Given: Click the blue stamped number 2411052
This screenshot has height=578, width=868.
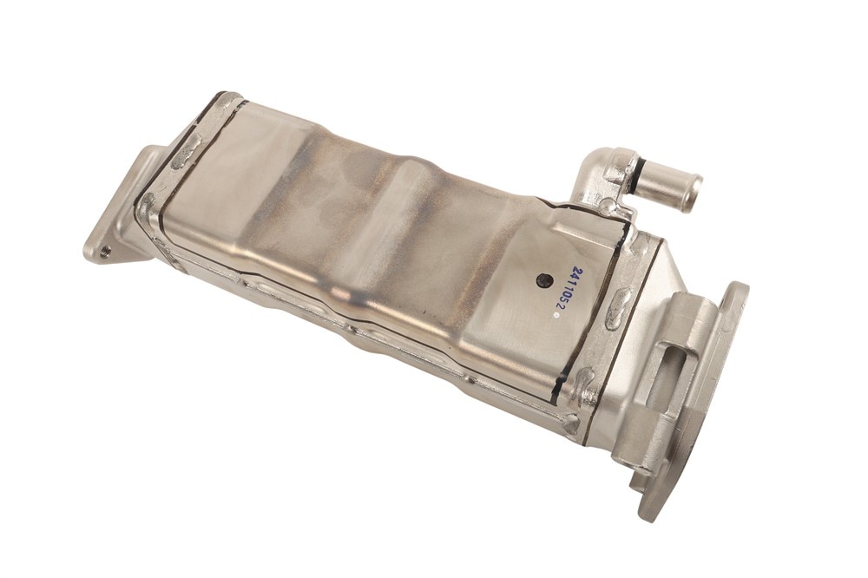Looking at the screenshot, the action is pyautogui.click(x=555, y=289).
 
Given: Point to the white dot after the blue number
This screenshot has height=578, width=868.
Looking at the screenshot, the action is pyautogui.click(x=557, y=314).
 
